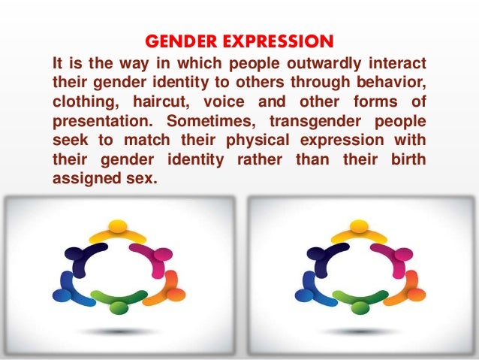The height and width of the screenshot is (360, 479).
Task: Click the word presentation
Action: tap(102, 121)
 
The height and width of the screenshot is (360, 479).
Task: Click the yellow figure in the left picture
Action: tap(117, 230)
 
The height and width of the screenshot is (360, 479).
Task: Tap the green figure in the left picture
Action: tap(118, 302)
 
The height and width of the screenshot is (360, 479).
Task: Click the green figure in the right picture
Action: tap(360, 302)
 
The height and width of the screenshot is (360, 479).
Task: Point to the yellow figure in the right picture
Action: tap(360, 230)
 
